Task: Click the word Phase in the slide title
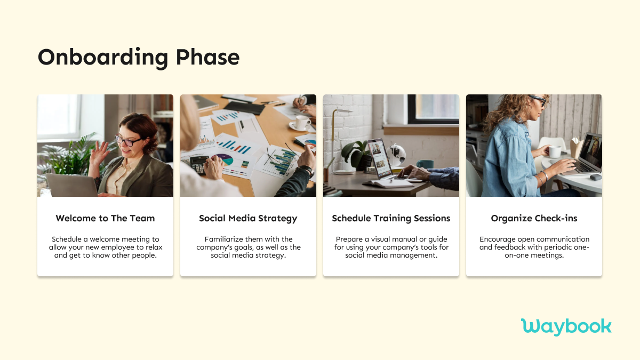pos(209,58)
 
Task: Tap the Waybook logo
pos(566,326)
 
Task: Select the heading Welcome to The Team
pos(105,218)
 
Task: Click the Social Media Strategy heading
pos(248,218)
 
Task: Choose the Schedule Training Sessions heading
pos(391,218)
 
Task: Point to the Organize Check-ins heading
pos(534,218)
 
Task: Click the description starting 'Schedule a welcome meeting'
pos(105,247)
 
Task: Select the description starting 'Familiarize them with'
pos(248,247)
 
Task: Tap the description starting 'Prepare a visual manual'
pos(391,247)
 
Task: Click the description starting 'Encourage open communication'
pos(534,247)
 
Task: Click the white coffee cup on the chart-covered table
pos(302,123)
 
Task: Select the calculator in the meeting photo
pos(198,165)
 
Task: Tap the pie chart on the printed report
pos(223,160)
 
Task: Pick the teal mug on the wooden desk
pos(425,164)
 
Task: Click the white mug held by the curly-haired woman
pos(555,151)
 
